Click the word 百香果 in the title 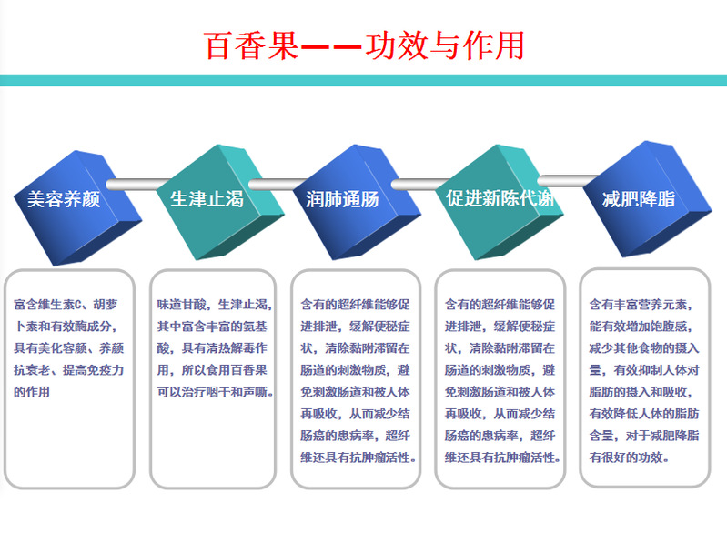pos(251,45)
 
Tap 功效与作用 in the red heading pos(444,45)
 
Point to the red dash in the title pos(331,46)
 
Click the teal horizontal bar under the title pos(364,80)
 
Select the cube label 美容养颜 pos(64,199)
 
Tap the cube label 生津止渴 pos(207,199)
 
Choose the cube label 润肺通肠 pos(342,199)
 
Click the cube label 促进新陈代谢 pos(500,198)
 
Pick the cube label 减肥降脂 pos(639,199)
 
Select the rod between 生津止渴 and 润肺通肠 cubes pos(278,185)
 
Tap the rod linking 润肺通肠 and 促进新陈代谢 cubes pos(420,185)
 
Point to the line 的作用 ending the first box pos(32,392)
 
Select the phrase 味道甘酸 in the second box pos(181,305)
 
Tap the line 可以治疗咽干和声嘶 pos(215,392)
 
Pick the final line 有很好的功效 pos(629,458)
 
